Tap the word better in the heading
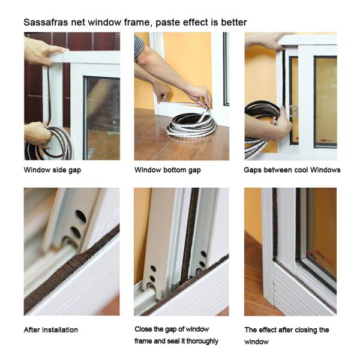[x=234, y=22]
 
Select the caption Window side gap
[x=52, y=170]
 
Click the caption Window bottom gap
[x=167, y=170]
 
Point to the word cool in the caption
[x=301, y=170]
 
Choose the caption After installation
[x=51, y=330]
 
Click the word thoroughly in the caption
[x=202, y=341]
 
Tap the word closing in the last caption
[x=306, y=330]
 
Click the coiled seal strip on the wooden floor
[x=191, y=125]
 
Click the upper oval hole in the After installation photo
[x=80, y=216]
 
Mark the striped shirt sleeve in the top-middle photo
[x=139, y=47]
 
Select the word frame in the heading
[x=137, y=22]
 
